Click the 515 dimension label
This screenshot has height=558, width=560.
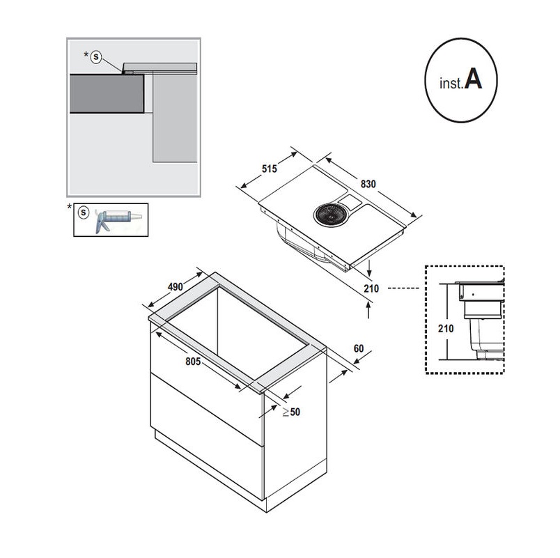(269, 168)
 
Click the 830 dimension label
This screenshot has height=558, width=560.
(368, 184)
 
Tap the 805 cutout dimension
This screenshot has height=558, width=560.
(199, 362)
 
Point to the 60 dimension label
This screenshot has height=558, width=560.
(359, 348)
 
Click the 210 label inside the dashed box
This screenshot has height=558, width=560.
(446, 328)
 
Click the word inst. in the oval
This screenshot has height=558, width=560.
(451, 82)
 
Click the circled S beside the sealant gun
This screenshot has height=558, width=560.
(84, 211)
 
